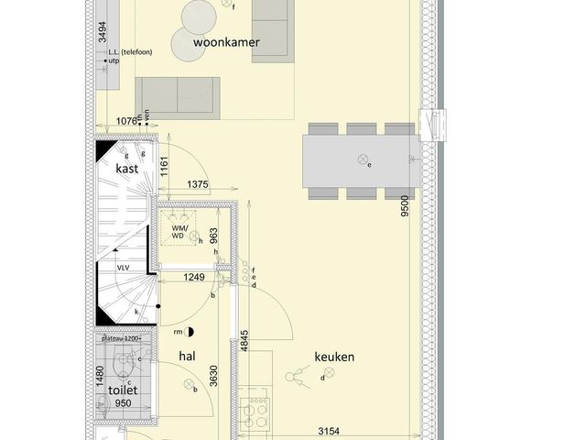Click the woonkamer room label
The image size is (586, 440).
(226, 42)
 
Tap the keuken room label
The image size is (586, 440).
(334, 357)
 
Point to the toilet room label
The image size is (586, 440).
(123, 390)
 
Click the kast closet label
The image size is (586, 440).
(126, 169)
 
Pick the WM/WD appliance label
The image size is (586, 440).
(179, 233)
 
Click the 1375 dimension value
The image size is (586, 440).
(198, 185)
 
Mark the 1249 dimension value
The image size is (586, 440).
(192, 277)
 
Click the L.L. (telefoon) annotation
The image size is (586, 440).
(132, 51)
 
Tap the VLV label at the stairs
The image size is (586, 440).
(123, 267)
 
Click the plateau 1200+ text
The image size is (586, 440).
(123, 339)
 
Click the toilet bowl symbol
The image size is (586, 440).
(118, 367)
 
